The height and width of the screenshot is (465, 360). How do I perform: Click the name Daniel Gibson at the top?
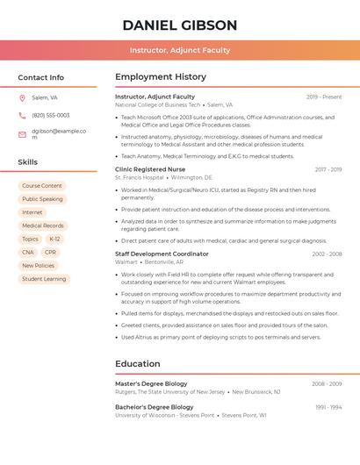[x=180, y=25]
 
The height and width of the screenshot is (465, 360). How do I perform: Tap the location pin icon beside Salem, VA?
[x=23, y=98]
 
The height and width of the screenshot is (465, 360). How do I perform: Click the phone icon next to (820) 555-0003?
[x=23, y=115]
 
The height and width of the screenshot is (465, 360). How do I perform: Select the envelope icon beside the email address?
[x=23, y=134]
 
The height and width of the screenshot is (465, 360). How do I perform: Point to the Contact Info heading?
[x=40, y=77]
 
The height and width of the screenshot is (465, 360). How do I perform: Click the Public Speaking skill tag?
[x=42, y=199]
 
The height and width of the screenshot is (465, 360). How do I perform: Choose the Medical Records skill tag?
[x=42, y=225]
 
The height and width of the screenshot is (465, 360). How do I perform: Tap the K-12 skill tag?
[x=54, y=239]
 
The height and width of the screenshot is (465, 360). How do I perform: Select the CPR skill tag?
[x=51, y=252]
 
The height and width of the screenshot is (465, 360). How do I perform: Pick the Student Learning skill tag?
[x=44, y=279]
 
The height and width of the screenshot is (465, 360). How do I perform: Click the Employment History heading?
[x=161, y=77]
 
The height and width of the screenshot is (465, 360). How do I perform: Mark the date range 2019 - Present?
[x=324, y=97]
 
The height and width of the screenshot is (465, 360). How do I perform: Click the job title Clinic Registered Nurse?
[x=150, y=169]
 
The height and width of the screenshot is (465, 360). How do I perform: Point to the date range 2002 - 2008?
[x=327, y=254]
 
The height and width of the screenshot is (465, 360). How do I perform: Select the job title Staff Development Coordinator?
[x=162, y=254]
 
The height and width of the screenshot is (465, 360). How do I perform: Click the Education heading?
[x=138, y=364]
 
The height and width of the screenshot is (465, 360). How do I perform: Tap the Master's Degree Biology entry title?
[x=151, y=384]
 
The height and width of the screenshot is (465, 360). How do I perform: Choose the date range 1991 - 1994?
[x=328, y=407]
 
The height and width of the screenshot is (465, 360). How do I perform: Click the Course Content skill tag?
[x=42, y=186]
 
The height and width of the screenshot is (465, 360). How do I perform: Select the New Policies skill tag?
[x=38, y=266]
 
